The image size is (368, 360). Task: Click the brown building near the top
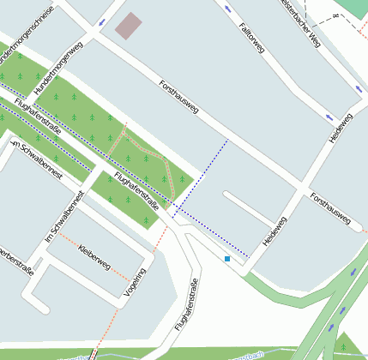click(x=129, y=26)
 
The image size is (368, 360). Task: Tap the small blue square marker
click(x=227, y=259)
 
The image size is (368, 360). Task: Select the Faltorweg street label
click(x=253, y=39)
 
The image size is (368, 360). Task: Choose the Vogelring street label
click(x=136, y=280)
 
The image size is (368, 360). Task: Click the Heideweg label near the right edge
click(x=341, y=128)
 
